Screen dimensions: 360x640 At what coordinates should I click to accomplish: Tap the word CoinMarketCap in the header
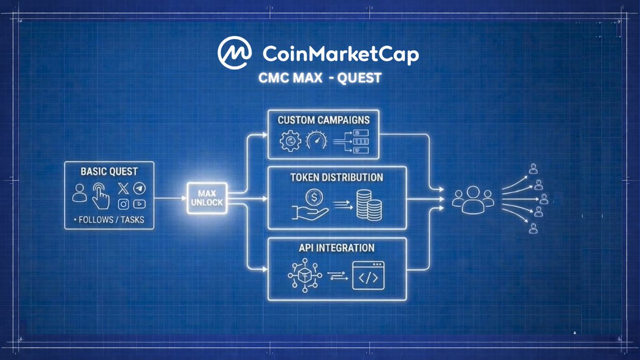click(341, 54)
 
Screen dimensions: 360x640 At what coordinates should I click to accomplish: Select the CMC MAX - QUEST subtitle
click(319, 78)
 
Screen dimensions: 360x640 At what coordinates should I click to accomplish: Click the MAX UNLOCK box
click(206, 198)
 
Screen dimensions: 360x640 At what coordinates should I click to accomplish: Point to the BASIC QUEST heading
click(109, 172)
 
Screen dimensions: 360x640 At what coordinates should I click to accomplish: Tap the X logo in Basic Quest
click(123, 188)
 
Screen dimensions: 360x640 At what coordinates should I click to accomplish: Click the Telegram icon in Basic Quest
click(139, 188)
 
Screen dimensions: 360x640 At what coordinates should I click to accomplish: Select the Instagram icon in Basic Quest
click(124, 204)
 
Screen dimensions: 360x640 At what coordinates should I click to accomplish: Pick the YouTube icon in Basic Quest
click(139, 204)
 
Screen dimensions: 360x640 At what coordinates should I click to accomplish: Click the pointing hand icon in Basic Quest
click(100, 196)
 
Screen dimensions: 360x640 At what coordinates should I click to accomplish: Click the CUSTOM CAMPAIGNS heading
click(323, 119)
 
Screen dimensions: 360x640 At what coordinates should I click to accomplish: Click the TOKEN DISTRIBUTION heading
click(337, 177)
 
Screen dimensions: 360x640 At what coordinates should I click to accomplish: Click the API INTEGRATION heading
click(337, 248)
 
